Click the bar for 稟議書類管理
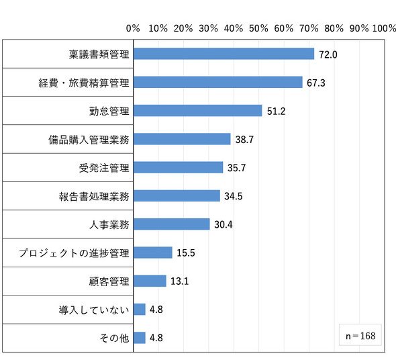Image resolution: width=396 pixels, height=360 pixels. [224, 54]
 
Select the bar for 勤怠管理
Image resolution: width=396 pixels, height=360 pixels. [198, 110]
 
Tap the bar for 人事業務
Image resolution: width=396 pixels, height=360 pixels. [172, 224]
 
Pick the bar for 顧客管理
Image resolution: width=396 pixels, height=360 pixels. [150, 281]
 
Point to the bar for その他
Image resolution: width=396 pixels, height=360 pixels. [140, 338]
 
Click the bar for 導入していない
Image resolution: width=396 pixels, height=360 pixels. [140, 310]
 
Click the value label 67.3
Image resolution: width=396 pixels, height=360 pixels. [316, 83]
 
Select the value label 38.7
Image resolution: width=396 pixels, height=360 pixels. [244, 140]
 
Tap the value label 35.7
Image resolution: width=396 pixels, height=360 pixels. [237, 168]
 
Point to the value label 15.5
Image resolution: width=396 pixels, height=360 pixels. [186, 253]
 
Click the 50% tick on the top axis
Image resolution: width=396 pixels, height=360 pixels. [258, 28]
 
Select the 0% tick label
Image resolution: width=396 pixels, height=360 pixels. [133, 28]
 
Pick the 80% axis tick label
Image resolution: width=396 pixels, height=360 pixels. [334, 28]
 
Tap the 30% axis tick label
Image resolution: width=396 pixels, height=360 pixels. [208, 28]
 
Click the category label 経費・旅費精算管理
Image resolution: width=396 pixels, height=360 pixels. [84, 83]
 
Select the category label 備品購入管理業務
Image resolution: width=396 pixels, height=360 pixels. [89, 140]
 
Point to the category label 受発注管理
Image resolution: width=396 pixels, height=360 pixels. [104, 168]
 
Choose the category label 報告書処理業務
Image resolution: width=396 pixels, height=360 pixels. [94, 196]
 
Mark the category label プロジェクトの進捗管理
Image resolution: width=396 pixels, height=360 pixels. [74, 253]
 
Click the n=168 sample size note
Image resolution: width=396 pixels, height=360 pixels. [360, 336]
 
